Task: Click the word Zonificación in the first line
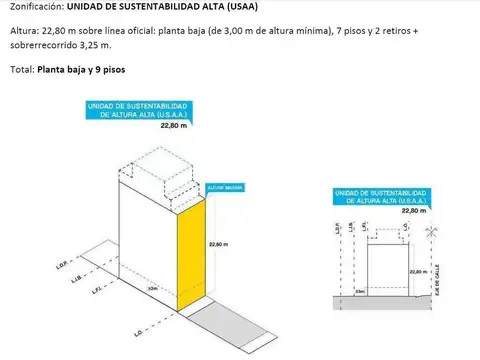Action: (36, 8)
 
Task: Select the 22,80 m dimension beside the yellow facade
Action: (218, 244)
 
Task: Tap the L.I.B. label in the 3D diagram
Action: (74, 279)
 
